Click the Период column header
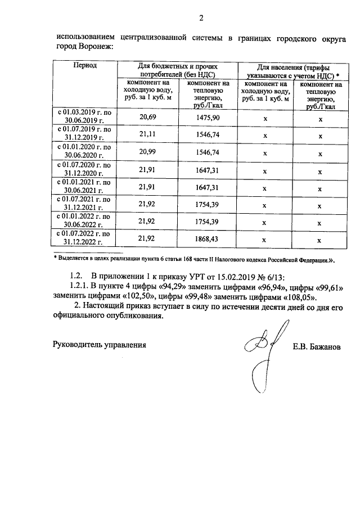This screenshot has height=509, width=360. (85, 66)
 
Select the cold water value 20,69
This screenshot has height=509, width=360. (147, 117)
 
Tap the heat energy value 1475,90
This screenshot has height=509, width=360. (208, 117)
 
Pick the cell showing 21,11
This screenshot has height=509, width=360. (147, 134)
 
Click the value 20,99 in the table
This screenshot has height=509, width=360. (147, 152)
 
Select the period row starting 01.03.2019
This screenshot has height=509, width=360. (85, 117)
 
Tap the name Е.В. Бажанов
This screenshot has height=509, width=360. (317, 347)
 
